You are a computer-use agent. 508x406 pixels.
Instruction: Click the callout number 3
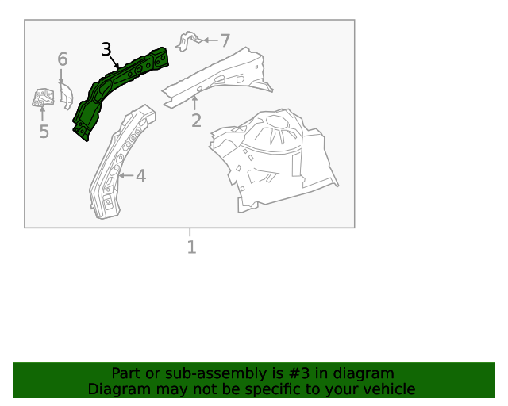pos(106,50)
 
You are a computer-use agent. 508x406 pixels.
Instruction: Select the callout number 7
pos(225,40)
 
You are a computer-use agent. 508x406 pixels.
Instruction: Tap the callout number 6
pos(63,59)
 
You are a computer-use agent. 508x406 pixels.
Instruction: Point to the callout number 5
pos(44,132)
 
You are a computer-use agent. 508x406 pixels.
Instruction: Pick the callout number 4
pos(140,176)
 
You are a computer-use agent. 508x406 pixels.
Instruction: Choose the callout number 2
pos(196,121)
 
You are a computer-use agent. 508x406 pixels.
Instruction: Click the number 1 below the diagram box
pos(190,247)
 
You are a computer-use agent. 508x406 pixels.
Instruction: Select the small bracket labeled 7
pos(185,40)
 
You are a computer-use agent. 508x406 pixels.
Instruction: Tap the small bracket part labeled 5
pos(41,98)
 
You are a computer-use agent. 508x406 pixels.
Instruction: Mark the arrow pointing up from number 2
pos(195,102)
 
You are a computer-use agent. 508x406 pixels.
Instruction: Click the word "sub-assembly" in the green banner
pos(177,373)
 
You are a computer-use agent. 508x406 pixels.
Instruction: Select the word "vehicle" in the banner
pos(388,389)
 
